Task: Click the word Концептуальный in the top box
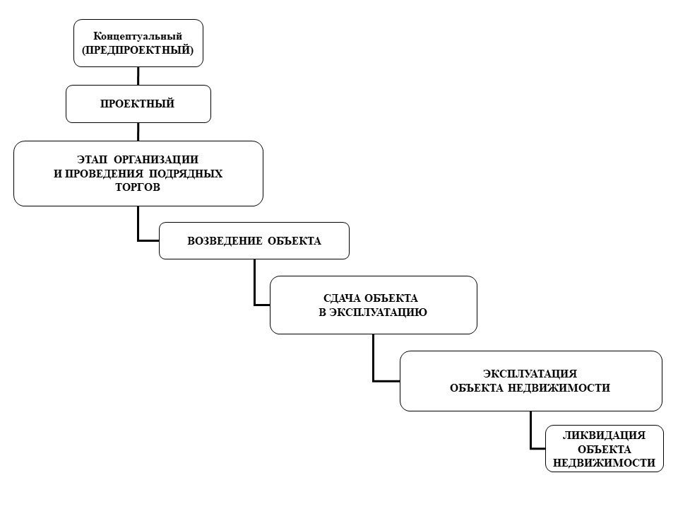tap(138, 36)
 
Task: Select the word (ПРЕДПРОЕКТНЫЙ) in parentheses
tap(138, 49)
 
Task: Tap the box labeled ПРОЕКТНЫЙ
tap(138, 104)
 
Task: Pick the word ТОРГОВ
tap(138, 187)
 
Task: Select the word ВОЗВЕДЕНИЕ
tap(225, 241)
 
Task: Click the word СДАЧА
tap(343, 298)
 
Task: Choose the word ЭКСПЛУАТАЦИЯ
tap(530, 373)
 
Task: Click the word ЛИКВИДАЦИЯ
tap(604, 435)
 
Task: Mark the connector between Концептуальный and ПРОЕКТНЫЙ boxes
tap(138, 76)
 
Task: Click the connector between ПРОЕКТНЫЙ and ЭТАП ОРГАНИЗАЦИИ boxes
tap(138, 132)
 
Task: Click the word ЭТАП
tap(92, 159)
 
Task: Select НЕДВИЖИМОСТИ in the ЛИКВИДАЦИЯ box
tap(604, 462)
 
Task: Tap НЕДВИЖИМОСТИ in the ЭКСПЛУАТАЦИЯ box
tap(559, 388)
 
